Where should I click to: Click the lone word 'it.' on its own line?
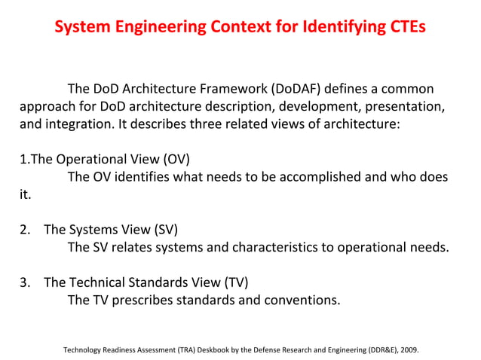26,194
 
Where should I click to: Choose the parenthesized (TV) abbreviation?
234,283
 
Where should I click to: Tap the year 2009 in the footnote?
408,350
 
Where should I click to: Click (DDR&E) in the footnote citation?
371,350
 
